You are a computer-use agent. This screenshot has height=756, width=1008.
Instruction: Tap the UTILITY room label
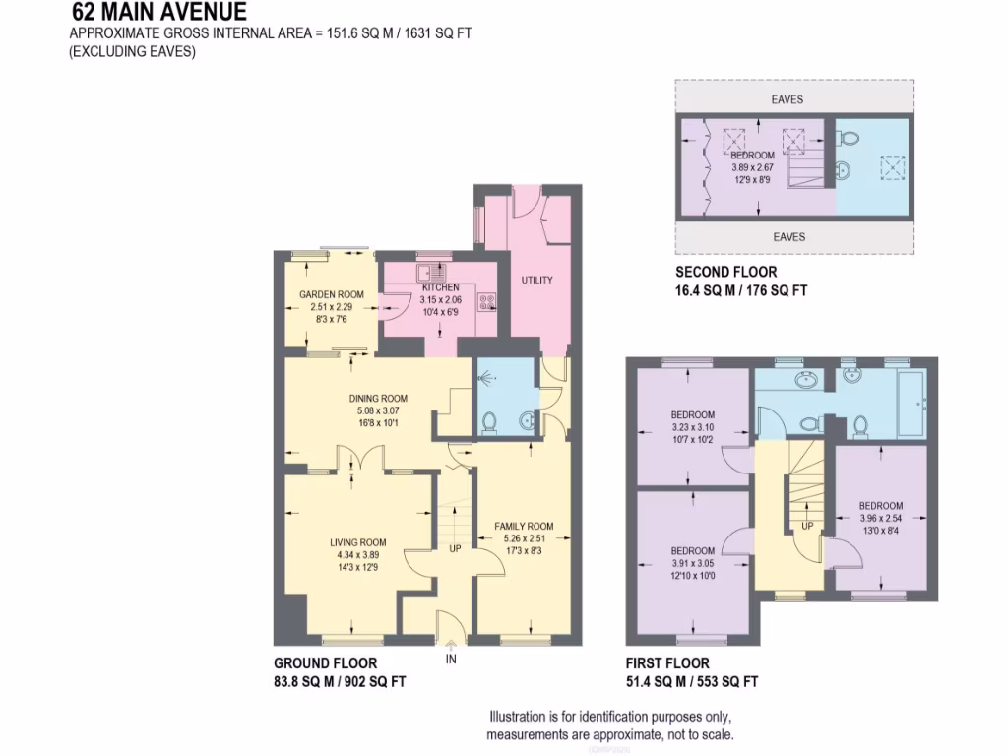point(536,281)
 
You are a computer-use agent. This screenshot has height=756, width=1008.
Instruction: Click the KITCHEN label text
point(441,287)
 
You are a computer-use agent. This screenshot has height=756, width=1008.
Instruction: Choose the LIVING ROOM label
point(357,542)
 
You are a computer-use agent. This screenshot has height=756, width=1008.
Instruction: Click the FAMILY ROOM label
point(524,527)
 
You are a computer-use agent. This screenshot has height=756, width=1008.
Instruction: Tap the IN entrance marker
point(451,659)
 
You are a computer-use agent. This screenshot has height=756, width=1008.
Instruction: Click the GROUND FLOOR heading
point(325,663)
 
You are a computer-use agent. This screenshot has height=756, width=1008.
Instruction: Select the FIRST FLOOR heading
point(666,663)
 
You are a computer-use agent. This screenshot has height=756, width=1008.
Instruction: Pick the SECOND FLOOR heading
point(725,272)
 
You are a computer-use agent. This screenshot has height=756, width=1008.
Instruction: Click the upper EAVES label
point(787,99)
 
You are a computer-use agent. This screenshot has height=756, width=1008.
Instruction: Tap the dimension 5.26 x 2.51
point(524,538)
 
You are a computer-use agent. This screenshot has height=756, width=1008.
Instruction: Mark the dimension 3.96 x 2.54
point(880,519)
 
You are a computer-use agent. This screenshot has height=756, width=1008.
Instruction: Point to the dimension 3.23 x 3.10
point(693,427)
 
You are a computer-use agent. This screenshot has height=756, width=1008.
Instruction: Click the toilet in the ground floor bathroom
point(490,424)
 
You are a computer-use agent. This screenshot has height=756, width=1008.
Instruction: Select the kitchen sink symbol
point(431,275)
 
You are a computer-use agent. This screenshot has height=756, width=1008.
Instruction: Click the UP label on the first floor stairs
point(807,527)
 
